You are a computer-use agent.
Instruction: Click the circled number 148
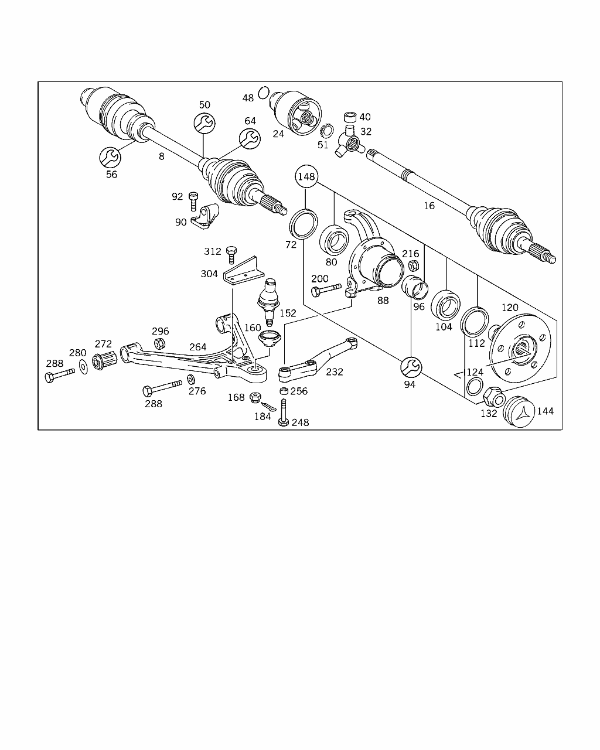click(306, 176)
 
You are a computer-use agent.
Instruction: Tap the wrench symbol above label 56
click(110, 156)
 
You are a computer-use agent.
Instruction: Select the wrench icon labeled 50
click(204, 123)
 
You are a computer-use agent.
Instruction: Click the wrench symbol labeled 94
click(410, 367)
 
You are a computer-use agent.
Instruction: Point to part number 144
click(545, 411)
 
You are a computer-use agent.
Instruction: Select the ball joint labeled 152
click(268, 298)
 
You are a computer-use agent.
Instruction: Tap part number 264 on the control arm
click(197, 347)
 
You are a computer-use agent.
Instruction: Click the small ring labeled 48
click(264, 93)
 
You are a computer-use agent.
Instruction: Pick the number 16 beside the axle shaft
click(429, 206)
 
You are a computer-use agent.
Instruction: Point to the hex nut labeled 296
click(159, 344)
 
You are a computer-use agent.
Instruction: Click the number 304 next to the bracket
click(209, 274)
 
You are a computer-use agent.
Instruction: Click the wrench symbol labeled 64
click(250, 138)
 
